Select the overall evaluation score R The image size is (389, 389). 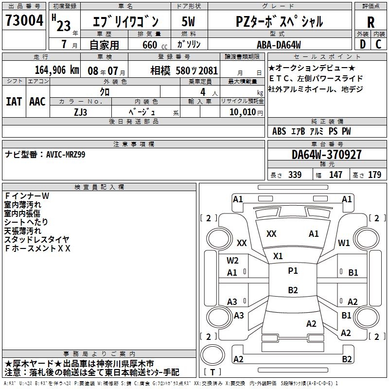371,22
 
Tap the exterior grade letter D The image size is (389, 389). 362,44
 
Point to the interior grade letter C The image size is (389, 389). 379,44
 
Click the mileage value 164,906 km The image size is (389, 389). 57,70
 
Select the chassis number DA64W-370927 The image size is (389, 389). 327,155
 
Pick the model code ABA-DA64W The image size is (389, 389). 279,45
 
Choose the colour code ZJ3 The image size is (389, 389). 81,112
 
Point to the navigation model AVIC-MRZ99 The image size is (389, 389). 45,155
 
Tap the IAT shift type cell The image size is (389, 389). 14,102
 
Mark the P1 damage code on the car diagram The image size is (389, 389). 293,271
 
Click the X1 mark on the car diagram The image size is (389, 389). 278,256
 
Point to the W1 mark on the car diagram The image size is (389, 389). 344,243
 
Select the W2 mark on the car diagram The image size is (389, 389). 232,260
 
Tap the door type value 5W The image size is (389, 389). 188,22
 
